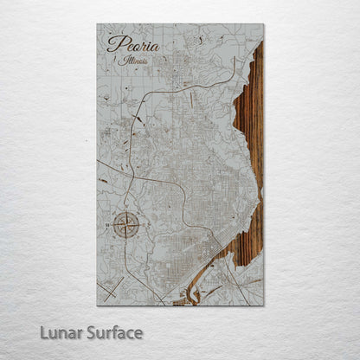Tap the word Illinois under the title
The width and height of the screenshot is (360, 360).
[129, 61]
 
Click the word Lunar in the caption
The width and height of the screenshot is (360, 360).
[77, 332]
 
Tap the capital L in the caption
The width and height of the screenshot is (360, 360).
[61, 332]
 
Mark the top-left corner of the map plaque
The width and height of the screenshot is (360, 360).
[97, 24]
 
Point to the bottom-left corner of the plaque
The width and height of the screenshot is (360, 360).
[97, 305]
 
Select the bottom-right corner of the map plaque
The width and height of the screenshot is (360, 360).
[264, 305]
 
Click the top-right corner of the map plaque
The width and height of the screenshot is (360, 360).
[264, 24]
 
